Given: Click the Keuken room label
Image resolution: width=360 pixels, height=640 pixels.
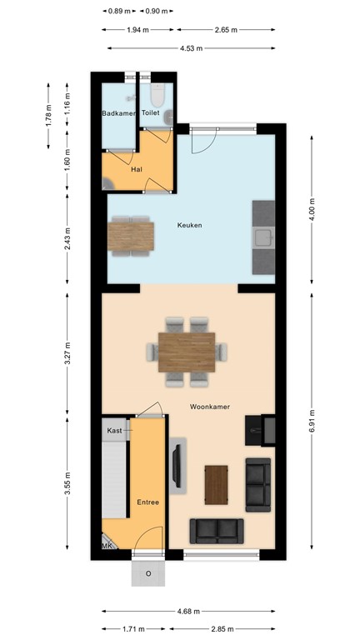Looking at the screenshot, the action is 189,225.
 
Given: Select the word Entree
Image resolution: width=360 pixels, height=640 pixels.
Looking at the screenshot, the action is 147,502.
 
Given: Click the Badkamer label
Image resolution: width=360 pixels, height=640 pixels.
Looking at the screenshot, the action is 118,113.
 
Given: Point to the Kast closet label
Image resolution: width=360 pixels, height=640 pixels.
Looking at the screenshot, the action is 114,431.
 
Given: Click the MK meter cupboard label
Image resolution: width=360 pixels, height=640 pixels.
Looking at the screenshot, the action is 107,545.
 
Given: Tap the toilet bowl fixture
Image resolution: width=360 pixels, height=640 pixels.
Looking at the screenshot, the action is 157,95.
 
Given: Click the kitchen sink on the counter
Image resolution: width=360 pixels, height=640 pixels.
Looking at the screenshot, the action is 263,237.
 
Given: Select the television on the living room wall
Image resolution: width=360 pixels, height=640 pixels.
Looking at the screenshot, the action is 177,466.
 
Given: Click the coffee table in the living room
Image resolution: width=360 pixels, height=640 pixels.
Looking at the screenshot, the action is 217,485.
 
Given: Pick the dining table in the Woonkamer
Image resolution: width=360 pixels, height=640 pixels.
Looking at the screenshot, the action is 187,352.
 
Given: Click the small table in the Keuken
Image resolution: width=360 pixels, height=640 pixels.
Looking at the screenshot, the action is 131,237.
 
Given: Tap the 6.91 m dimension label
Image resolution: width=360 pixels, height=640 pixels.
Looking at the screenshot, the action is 312,420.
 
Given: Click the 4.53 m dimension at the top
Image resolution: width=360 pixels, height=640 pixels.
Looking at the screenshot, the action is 192,48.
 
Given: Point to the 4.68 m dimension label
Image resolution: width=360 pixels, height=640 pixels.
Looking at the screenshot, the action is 188,611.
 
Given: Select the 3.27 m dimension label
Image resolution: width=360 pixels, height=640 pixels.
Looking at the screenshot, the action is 67,353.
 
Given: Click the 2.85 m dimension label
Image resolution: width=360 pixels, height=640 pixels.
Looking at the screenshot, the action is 222,629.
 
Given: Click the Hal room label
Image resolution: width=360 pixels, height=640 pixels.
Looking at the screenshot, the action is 137,169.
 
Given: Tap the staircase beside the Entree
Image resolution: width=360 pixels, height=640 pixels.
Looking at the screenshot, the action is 114,480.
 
